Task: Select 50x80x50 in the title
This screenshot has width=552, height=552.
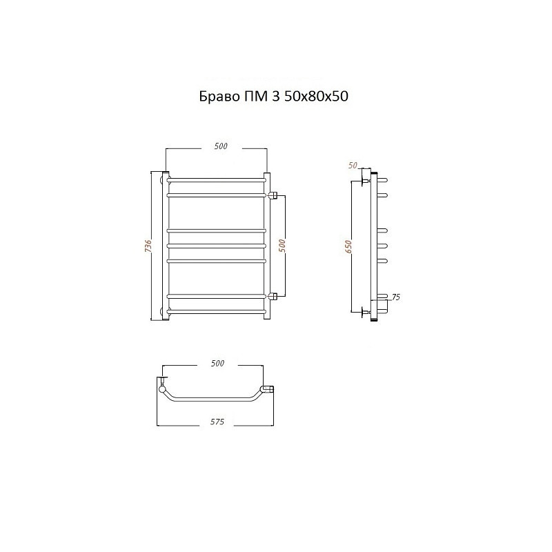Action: pyautogui.click(x=316, y=96)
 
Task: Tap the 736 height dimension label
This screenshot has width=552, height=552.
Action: pyautogui.click(x=148, y=246)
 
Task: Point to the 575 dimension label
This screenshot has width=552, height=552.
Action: pyautogui.click(x=217, y=422)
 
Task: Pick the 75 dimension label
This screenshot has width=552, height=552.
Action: pyautogui.click(x=395, y=297)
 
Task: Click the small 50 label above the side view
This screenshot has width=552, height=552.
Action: pyautogui.click(x=353, y=165)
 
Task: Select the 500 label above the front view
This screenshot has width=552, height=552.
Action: pyautogui.click(x=221, y=146)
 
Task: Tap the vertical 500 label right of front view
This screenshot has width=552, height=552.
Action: pyautogui.click(x=282, y=246)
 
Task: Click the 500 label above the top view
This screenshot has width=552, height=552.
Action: pyautogui.click(x=217, y=363)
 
